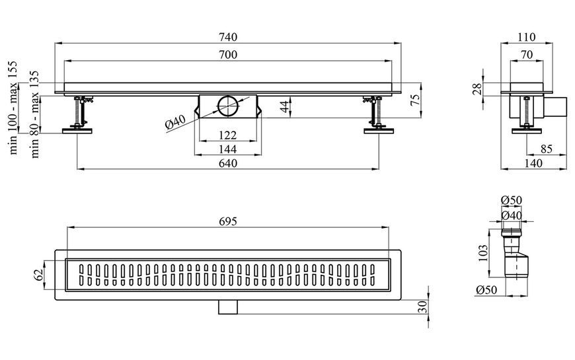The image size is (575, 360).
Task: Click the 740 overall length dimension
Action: pyautogui.click(x=228, y=37)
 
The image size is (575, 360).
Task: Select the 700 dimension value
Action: pyautogui.click(x=228, y=55)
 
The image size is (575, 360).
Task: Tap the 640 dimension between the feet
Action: pyautogui.click(x=228, y=162)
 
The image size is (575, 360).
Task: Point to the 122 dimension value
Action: pyautogui.click(x=228, y=135)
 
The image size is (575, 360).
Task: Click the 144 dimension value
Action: pyautogui.click(x=228, y=149)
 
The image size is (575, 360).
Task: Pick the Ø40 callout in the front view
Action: pyautogui.click(x=176, y=122)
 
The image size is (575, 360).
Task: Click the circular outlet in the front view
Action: pyautogui.click(x=228, y=106)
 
